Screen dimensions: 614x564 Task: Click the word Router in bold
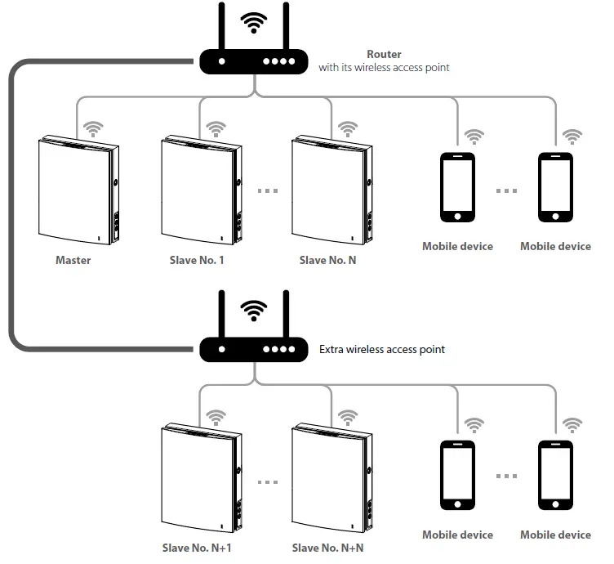coord(384,54)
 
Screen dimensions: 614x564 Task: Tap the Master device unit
coord(78,190)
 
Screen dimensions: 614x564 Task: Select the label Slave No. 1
coord(197,260)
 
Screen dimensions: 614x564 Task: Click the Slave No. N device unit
coord(331,190)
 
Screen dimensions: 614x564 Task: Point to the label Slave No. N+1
coord(197,548)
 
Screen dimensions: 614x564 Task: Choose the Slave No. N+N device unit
coord(331,478)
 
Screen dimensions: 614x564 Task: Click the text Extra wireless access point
coord(382,349)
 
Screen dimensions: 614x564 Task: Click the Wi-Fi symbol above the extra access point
coord(254,311)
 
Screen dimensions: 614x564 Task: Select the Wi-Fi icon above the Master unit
coord(93,129)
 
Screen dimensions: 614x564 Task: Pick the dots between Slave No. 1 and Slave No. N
coord(268,191)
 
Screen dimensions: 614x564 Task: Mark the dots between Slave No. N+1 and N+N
coord(268,482)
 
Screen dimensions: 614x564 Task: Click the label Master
coord(73,260)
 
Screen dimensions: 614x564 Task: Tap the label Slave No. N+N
coord(327,548)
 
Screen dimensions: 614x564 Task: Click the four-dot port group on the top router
coord(278,61)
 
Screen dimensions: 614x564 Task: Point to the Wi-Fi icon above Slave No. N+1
coord(216,418)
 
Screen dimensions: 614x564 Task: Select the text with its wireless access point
coord(384,67)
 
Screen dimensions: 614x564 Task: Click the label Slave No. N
coord(327,260)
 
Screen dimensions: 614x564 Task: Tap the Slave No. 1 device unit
coord(202,190)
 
